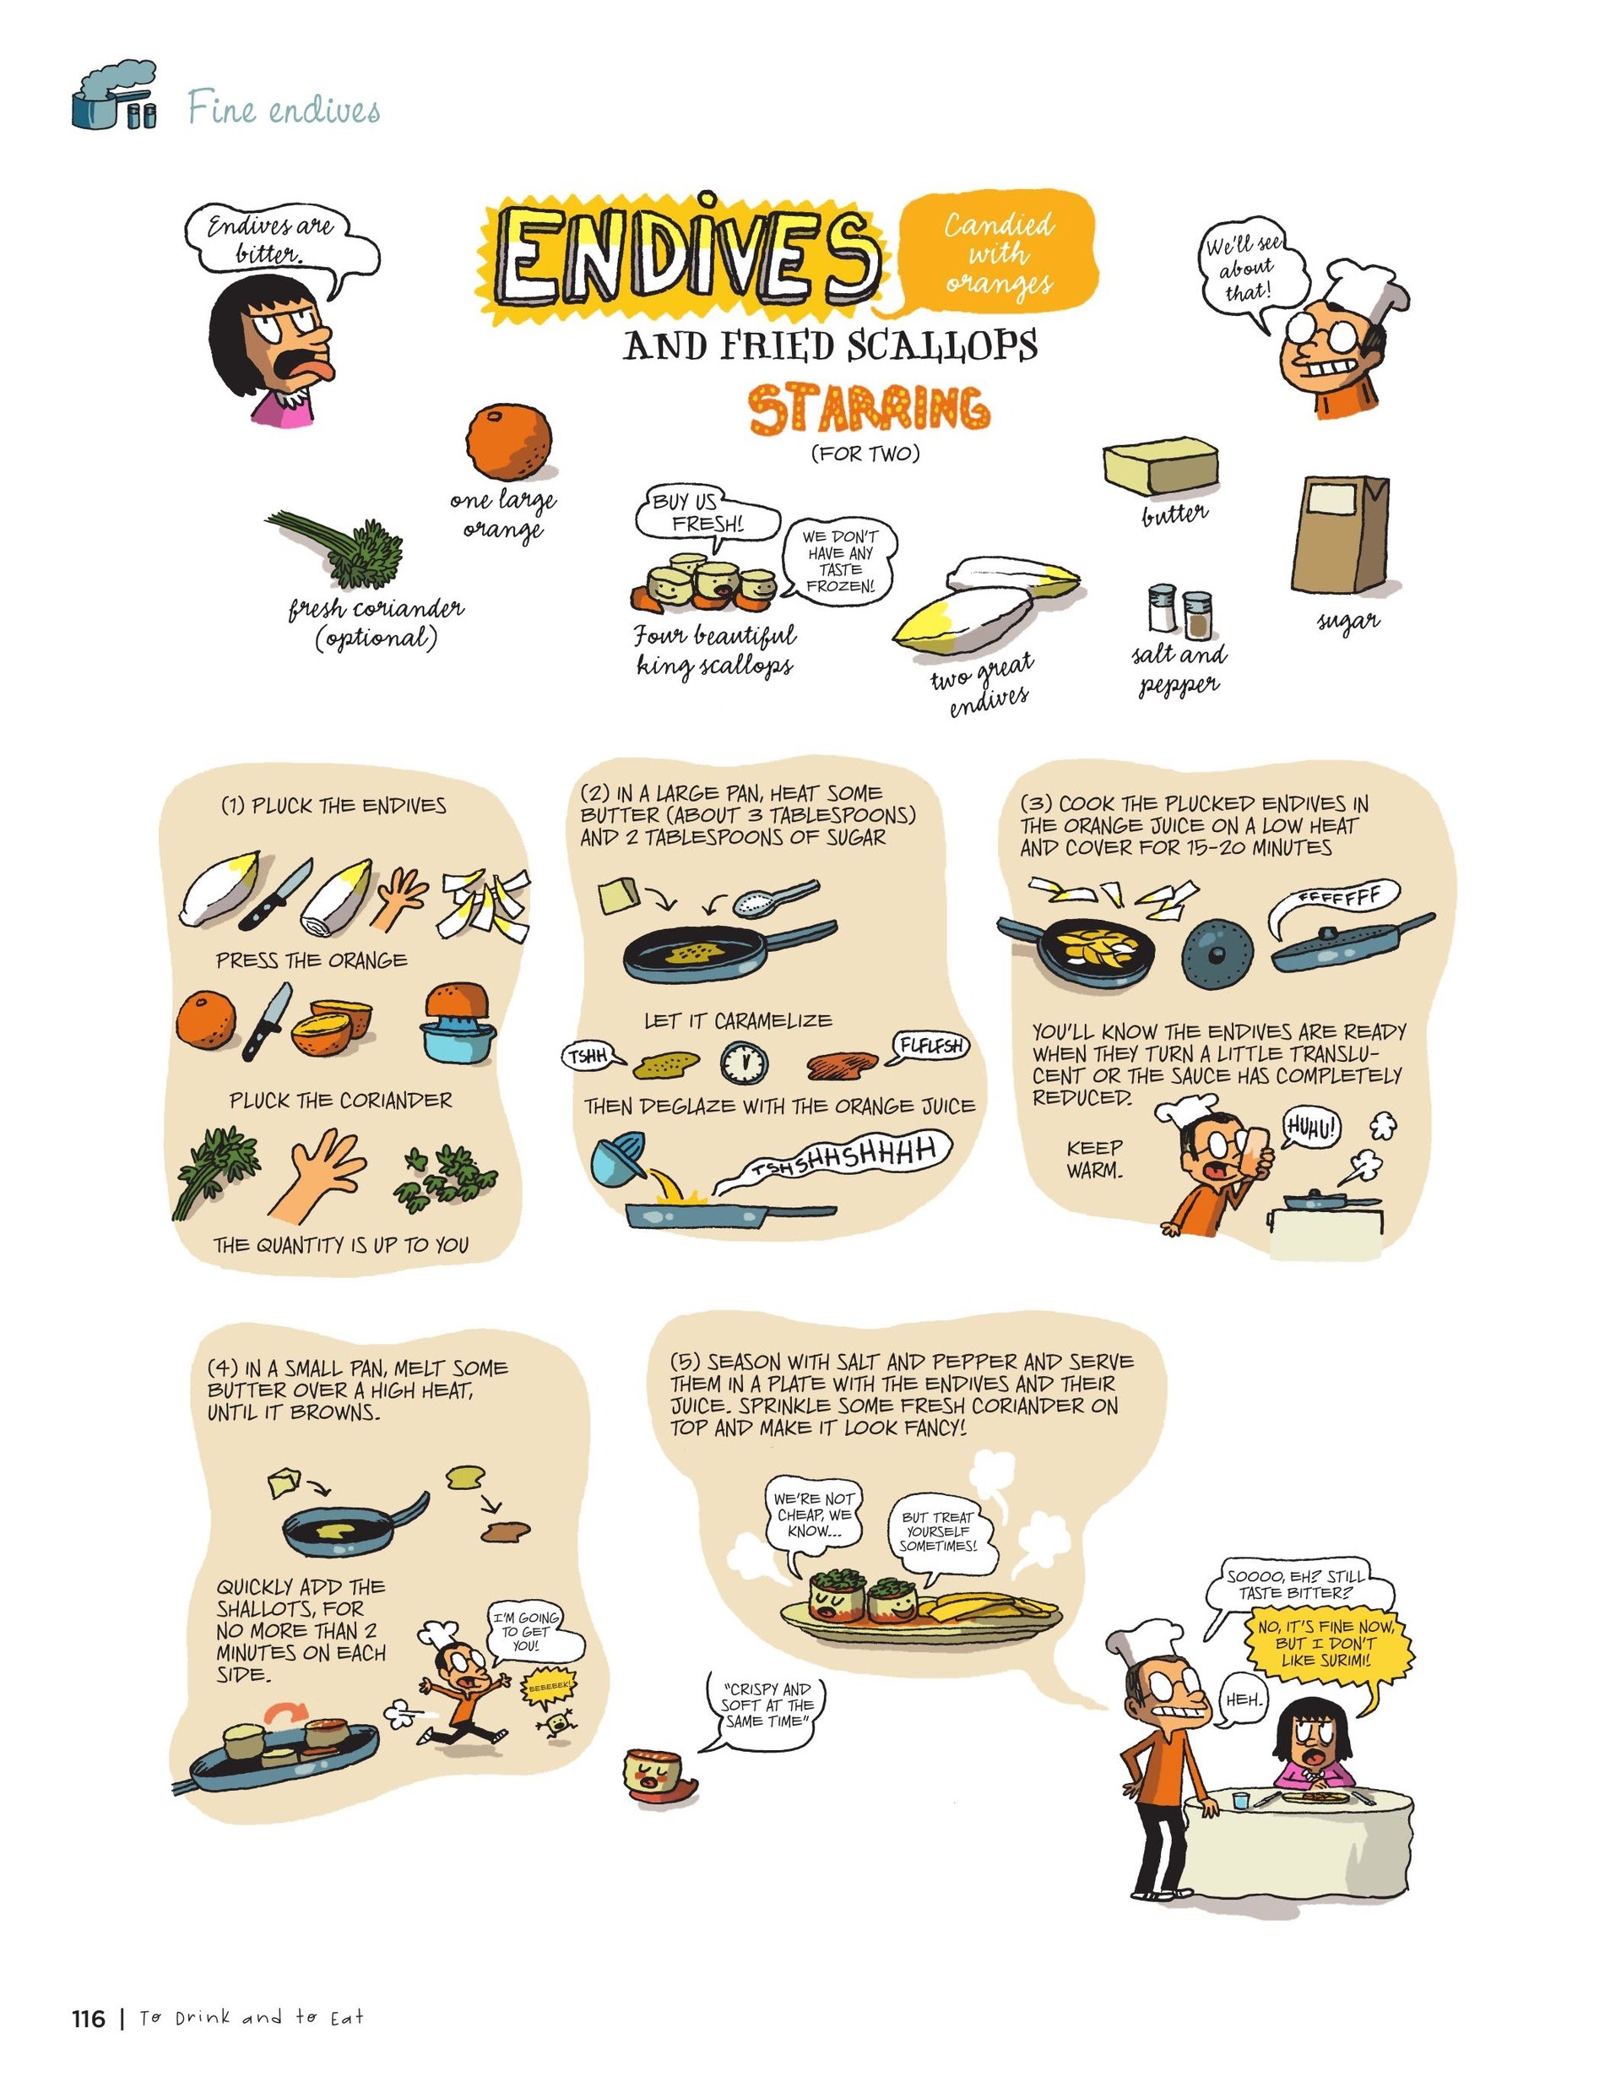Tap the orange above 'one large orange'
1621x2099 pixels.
click(x=509, y=441)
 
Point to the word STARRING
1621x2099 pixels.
click(x=869, y=411)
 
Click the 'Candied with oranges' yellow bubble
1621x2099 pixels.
click(x=1000, y=253)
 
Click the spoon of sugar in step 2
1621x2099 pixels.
click(x=773, y=898)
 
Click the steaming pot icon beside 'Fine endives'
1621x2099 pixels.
click(x=113, y=98)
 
